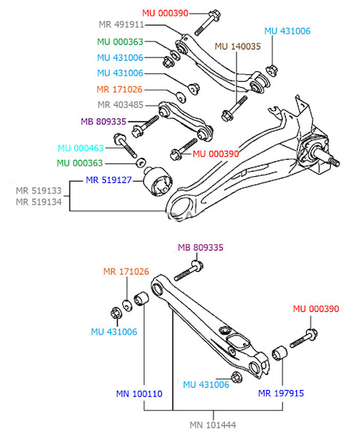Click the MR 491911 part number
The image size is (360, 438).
pos(121,25)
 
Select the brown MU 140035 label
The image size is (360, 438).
pos(238,46)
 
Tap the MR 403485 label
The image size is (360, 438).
pos(120,105)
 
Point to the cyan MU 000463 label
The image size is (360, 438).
pos(81,148)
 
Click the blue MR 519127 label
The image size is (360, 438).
pos(109,180)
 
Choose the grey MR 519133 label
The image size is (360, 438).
pos(38,190)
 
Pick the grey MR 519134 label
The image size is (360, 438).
pos(38,202)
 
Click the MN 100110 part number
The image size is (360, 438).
pos(139,394)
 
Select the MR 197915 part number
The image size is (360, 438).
pos(281,393)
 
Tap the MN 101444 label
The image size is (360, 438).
pos(213,425)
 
